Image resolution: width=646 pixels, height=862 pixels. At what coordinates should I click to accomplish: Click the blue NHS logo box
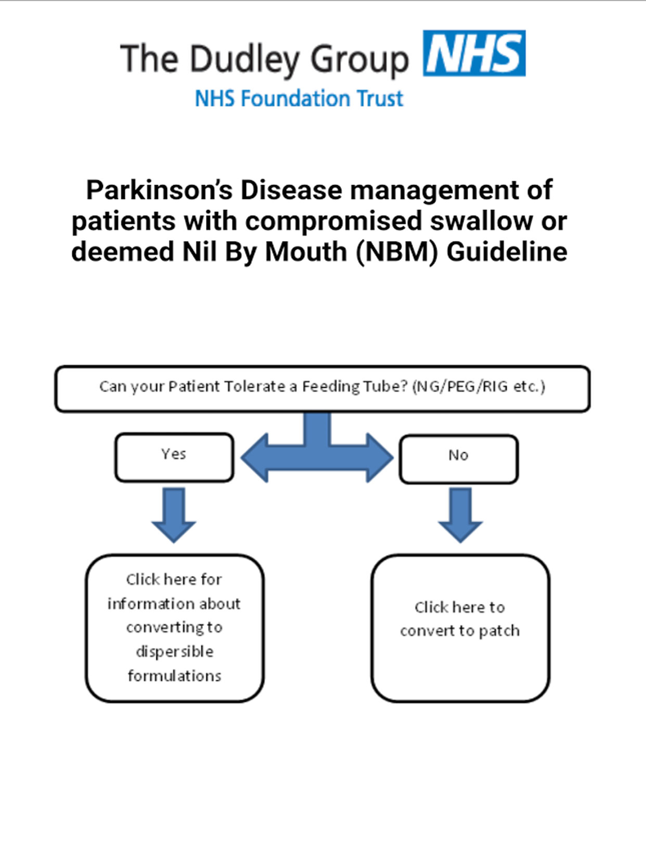coord(474,53)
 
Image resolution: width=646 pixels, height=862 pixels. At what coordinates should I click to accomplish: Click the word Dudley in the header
coord(244,60)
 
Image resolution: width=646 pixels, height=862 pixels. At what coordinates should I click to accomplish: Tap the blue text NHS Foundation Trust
coord(299,98)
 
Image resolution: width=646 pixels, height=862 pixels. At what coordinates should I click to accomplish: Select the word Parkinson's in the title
coord(159,190)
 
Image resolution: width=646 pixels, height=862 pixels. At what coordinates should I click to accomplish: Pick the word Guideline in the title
coord(507,252)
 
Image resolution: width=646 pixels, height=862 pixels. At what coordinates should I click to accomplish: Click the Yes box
coord(174,458)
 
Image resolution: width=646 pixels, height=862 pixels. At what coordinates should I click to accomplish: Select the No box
coord(459,459)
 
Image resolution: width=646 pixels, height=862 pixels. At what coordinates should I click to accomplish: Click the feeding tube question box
coord(323,388)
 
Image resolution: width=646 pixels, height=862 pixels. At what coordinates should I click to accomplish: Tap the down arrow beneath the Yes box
coord(174,515)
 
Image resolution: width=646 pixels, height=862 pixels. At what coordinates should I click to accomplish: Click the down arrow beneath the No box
coord(461,515)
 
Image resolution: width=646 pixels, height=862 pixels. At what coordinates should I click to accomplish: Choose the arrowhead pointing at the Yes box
coord(255,458)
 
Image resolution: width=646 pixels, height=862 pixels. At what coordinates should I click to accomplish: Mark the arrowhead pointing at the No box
coord(380,458)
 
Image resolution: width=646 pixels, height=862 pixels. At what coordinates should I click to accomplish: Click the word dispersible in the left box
coord(174,652)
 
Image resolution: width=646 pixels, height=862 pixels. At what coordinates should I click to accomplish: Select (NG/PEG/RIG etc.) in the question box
coord(479,387)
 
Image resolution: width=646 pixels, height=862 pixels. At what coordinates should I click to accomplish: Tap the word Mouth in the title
coord(306,252)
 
